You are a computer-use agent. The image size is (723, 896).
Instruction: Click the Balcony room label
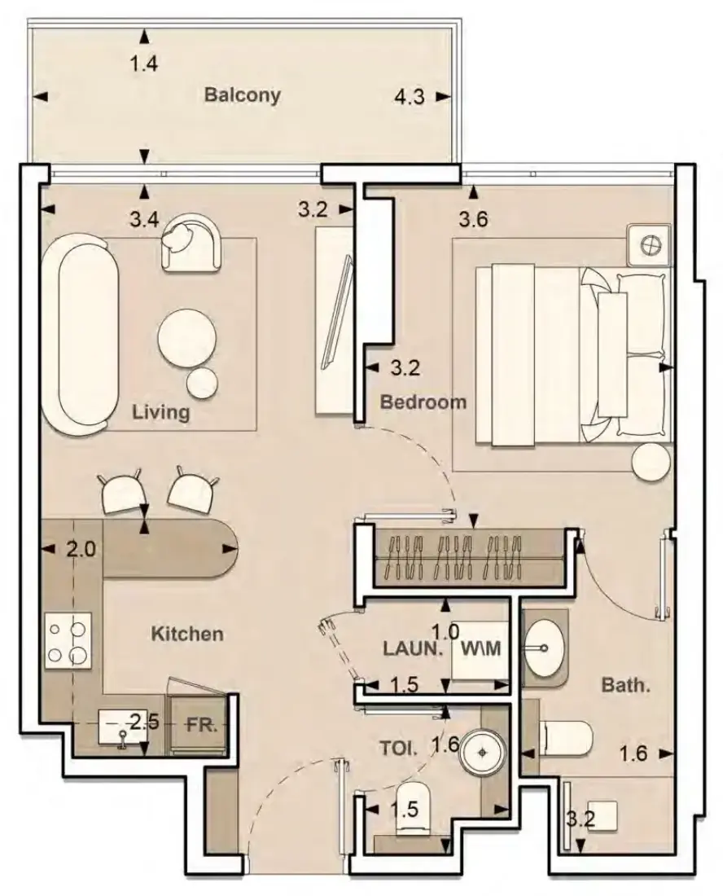coord(242,94)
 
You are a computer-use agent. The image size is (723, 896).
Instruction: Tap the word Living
coord(160,411)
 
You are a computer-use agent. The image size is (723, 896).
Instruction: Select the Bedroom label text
coord(423,402)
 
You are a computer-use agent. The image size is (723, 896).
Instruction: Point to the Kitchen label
coord(187,633)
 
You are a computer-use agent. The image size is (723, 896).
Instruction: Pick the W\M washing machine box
coord(480,649)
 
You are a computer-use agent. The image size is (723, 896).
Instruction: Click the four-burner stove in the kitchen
coord(68,640)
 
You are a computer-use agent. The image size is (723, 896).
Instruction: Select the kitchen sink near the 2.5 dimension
coord(121,727)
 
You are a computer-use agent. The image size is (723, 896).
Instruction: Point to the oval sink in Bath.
coord(544,648)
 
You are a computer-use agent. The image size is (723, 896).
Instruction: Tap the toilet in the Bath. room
coord(565,740)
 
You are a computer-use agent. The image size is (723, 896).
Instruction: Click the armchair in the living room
coord(191,242)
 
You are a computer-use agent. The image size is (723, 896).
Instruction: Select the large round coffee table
coord(186,340)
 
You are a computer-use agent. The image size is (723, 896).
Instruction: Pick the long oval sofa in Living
coord(81,338)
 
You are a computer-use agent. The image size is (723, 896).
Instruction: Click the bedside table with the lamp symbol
coord(649,245)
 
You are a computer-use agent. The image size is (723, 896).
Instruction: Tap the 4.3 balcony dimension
coord(410,97)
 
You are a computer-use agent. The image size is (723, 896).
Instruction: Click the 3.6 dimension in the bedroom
coord(473,219)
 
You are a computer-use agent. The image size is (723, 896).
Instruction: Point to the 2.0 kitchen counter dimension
coord(81,550)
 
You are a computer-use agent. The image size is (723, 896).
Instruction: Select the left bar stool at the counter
coord(120,491)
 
